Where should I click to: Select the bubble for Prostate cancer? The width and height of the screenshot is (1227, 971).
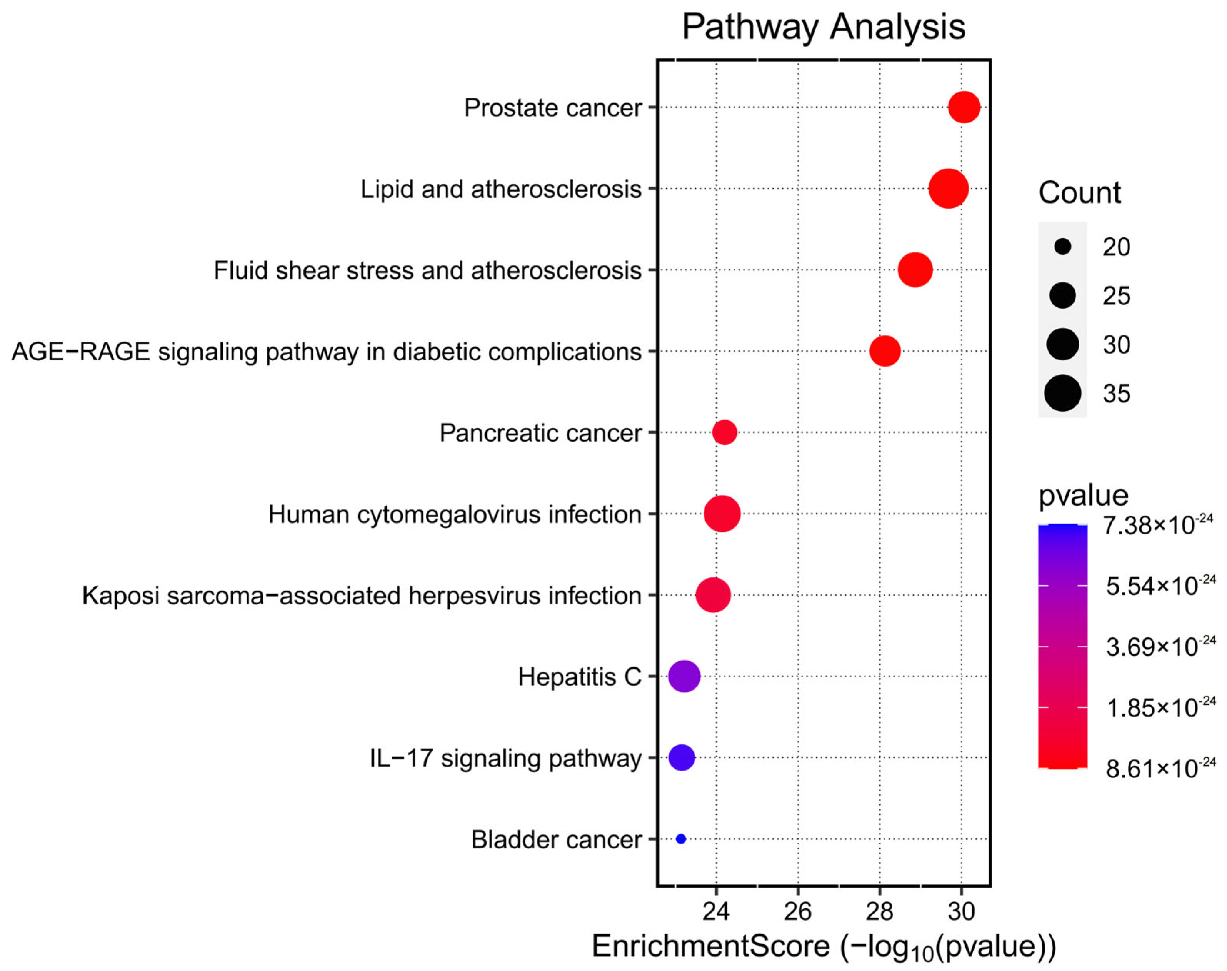(964, 107)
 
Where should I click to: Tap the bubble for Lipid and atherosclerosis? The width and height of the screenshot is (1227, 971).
(948, 188)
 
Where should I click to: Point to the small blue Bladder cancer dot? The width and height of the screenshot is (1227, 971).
(681, 839)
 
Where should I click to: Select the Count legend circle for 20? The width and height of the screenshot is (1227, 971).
(1062, 247)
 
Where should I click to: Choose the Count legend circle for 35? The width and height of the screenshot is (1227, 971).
(1062, 394)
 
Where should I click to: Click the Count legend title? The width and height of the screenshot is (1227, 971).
(1079, 193)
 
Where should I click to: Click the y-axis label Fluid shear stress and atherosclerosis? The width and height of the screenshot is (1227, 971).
(427, 270)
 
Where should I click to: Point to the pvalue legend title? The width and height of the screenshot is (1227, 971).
(1083, 495)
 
